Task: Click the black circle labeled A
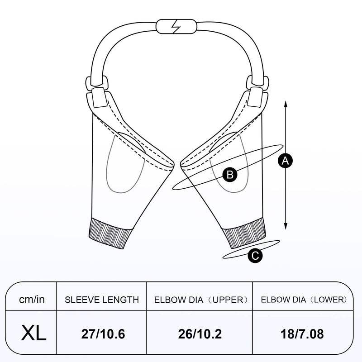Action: point(286,161)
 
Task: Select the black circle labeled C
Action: point(255,256)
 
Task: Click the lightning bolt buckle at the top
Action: point(176,27)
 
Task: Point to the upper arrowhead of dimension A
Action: point(286,105)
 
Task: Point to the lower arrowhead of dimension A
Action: point(286,226)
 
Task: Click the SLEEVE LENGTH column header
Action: point(102,300)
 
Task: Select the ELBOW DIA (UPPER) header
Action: point(201,300)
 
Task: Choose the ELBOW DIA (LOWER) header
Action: point(304,300)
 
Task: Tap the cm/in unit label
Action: point(32,300)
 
